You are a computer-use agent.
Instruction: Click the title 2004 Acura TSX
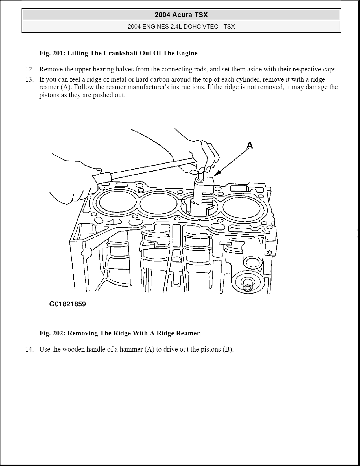point(181,15)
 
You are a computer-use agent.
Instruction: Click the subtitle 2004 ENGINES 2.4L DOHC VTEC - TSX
point(181,27)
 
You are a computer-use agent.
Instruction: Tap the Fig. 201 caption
point(118,53)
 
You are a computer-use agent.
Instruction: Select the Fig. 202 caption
point(119,333)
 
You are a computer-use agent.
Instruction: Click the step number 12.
point(29,69)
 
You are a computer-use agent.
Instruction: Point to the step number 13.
point(29,79)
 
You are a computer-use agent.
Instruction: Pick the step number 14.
point(29,349)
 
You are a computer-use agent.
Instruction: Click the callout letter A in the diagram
point(250,146)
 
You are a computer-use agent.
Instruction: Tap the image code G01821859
point(67,304)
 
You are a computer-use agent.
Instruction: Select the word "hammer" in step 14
point(131,349)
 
